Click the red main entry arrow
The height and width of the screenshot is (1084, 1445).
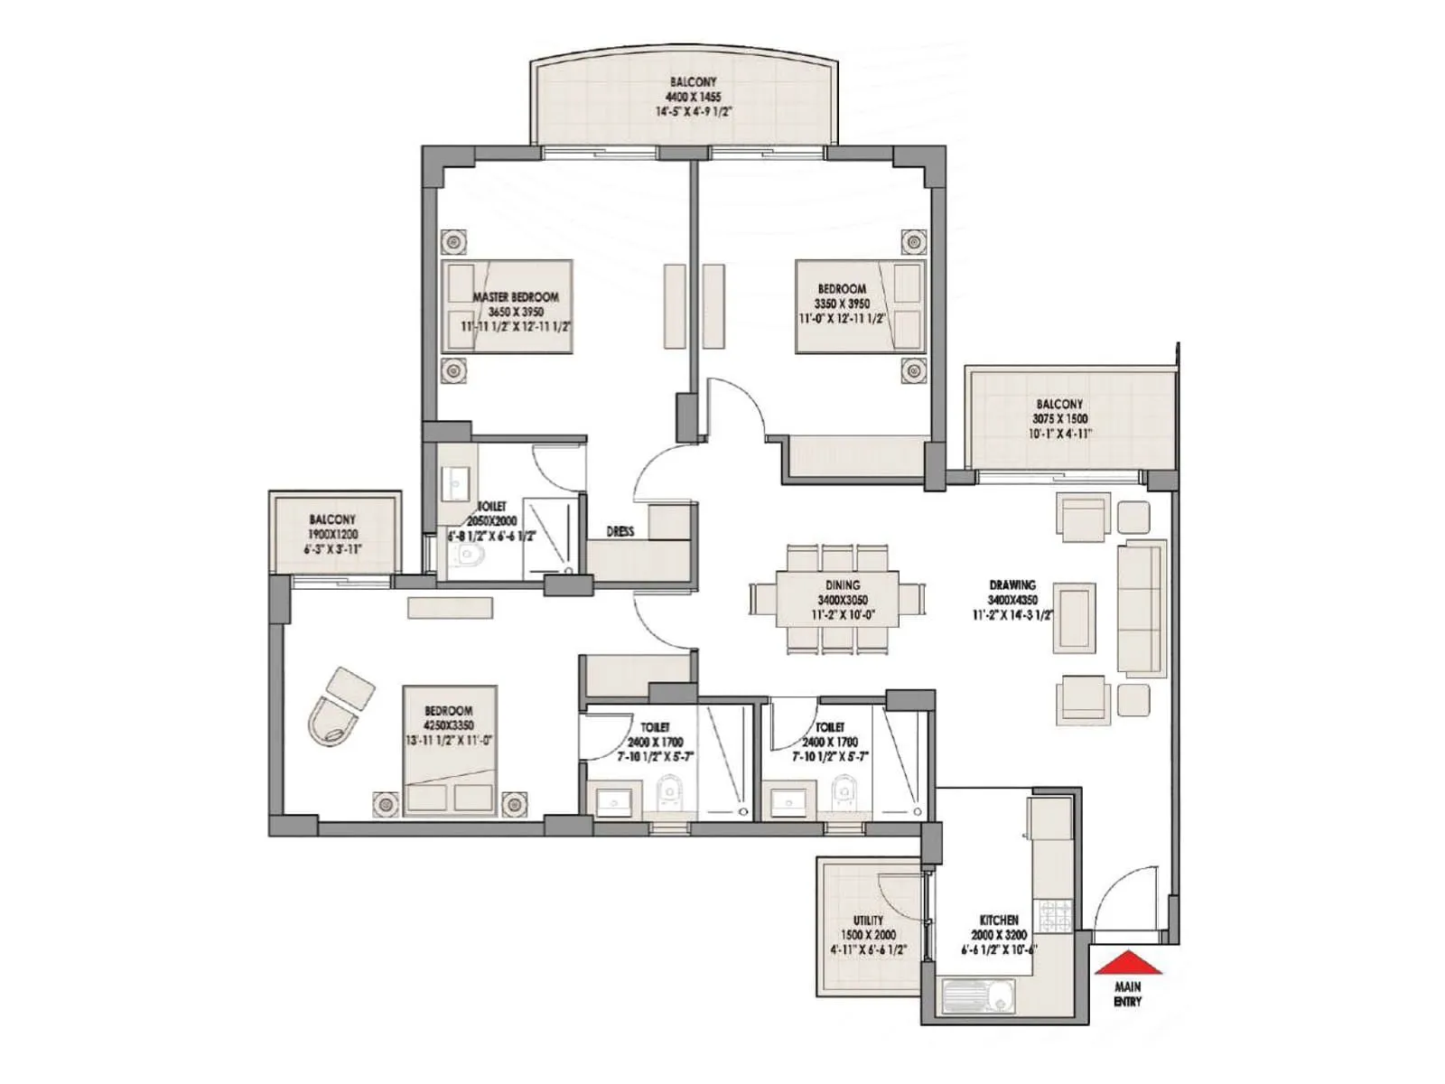[1127, 963]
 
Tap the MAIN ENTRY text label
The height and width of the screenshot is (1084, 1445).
[1127, 995]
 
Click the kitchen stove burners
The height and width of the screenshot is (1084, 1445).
[1053, 916]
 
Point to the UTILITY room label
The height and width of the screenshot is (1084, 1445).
[868, 920]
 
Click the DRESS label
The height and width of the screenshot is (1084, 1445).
[620, 532]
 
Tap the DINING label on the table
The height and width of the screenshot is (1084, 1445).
[842, 585]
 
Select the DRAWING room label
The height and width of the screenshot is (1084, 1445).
[1011, 585]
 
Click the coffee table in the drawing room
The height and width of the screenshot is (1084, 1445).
[1075, 618]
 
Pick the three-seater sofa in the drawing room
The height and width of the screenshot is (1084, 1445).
[1142, 607]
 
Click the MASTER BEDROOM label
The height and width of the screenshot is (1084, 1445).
[516, 297]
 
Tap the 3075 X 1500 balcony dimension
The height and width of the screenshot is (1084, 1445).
[1059, 419]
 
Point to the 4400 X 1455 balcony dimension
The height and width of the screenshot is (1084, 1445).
[693, 97]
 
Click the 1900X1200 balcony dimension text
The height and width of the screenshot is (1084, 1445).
[332, 534]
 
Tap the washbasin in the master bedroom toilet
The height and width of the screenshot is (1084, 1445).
[452, 482]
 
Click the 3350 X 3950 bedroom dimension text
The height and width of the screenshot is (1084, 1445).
[842, 304]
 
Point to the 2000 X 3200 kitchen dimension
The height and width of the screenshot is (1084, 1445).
[999, 935]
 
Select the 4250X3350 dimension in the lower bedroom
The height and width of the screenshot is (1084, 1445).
[448, 725]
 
